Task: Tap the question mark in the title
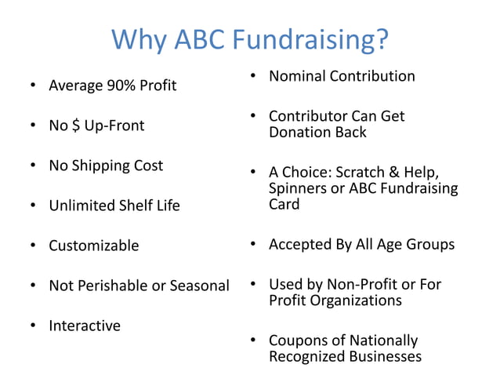(381, 39)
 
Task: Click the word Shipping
(103, 166)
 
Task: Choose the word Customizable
(93, 246)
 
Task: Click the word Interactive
(85, 326)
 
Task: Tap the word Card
(284, 204)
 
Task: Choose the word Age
(389, 244)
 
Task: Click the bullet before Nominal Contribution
(254, 77)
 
